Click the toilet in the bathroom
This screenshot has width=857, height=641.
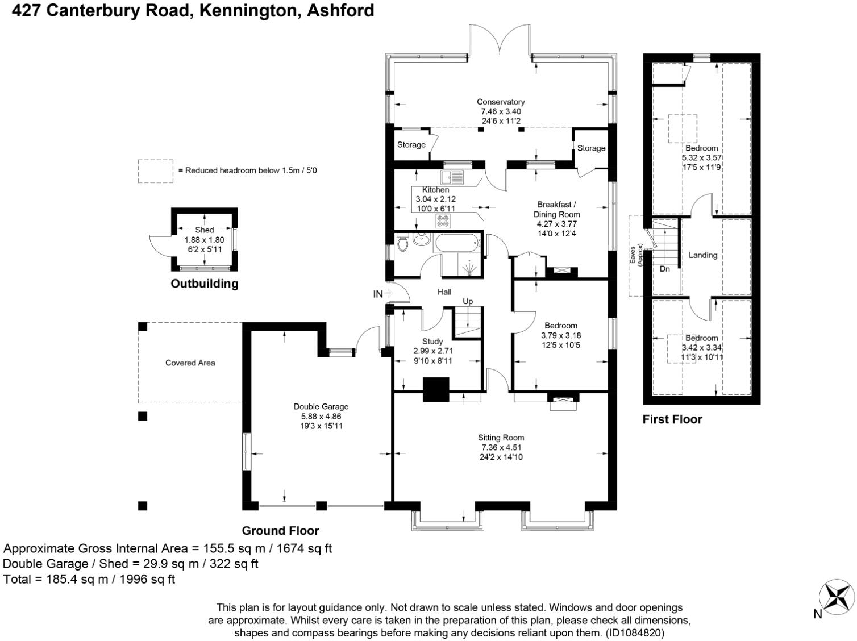tap(402, 243)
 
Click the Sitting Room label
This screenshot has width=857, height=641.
tap(501, 438)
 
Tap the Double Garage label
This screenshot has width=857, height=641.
tap(321, 406)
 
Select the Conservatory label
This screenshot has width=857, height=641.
tap(501, 102)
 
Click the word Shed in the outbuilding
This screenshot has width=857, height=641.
tap(205, 230)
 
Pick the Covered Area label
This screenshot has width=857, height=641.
tap(190, 363)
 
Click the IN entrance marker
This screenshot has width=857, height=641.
tap(378, 294)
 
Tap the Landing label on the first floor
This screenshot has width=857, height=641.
tap(703, 255)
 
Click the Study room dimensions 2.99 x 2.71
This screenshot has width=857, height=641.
tap(433, 351)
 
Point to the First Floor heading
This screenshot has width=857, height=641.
tap(672, 419)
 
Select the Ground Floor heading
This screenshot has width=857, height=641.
tap(280, 531)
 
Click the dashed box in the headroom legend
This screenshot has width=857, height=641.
tap(155, 171)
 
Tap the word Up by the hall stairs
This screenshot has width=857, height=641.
tap(468, 301)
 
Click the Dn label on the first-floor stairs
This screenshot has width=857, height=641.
tap(665, 269)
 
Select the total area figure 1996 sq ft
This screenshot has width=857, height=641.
tap(147, 579)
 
